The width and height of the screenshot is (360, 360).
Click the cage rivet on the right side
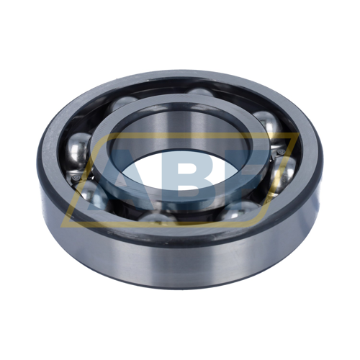[281, 152]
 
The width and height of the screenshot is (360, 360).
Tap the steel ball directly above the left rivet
[78, 151]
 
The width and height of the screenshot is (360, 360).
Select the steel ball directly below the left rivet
[92, 194]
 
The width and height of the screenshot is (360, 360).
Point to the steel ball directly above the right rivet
[269, 126]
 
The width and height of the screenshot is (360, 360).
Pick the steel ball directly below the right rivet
[283, 173]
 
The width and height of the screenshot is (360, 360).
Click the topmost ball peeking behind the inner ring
[200, 92]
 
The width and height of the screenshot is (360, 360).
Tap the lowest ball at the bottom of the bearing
[158, 218]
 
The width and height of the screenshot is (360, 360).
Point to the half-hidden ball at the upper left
[122, 103]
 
